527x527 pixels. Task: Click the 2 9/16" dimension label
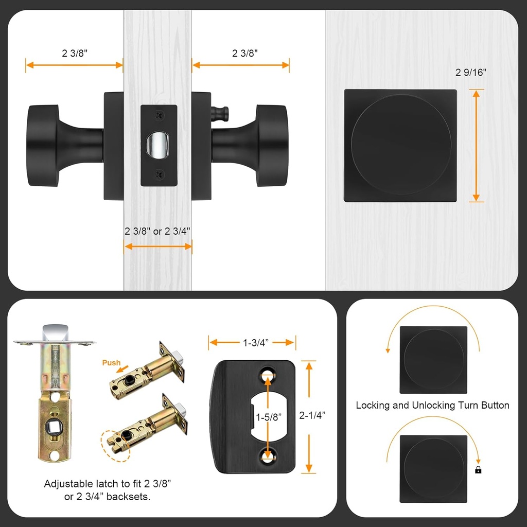click(x=470, y=73)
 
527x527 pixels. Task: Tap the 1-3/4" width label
click(x=252, y=342)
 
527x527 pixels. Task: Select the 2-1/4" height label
click(x=312, y=415)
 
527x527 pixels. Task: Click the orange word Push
click(x=111, y=363)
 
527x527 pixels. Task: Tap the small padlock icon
click(x=478, y=469)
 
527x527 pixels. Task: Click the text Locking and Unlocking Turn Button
click(x=432, y=406)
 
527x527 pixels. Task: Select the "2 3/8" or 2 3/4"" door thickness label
click(x=157, y=231)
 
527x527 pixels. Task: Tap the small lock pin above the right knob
click(x=218, y=112)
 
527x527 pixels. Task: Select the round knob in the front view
click(x=400, y=145)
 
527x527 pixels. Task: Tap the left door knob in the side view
click(x=44, y=146)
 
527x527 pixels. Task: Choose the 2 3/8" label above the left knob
click(x=74, y=52)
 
